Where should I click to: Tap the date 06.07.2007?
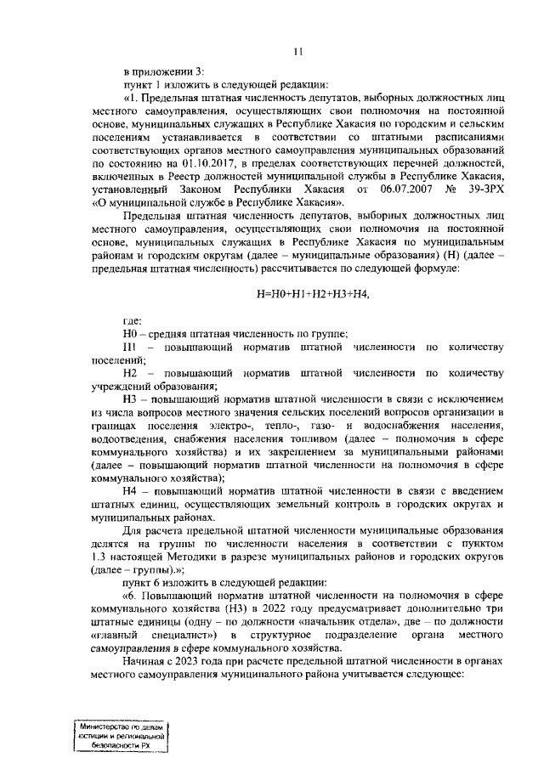(400, 189)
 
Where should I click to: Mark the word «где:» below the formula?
(132, 322)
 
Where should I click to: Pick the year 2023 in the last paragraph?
(202, 660)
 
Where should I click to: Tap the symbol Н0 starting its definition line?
(131, 335)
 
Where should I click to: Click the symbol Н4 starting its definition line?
(131, 491)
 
